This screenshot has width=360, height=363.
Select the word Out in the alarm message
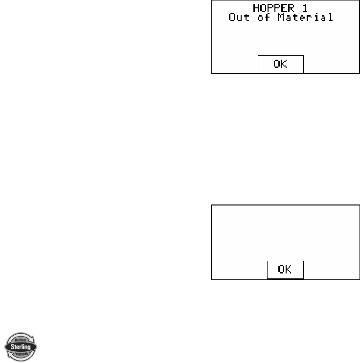tap(238, 18)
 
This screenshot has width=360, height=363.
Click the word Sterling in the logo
tap(21, 347)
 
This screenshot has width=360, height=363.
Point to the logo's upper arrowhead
tap(32, 339)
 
